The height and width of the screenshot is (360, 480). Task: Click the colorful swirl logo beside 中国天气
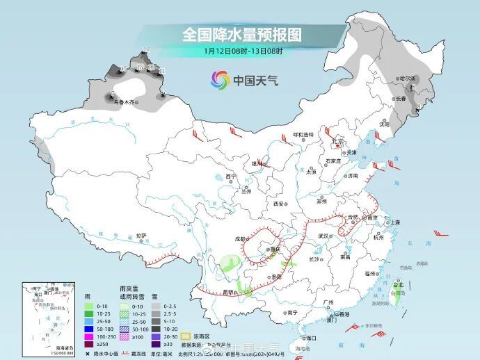click(x=220, y=80)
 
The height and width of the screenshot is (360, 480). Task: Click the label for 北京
click(x=338, y=142)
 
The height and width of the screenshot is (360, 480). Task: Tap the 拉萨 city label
click(x=141, y=236)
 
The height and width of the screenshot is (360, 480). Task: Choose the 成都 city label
click(x=240, y=238)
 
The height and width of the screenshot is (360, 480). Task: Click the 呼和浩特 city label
click(x=303, y=134)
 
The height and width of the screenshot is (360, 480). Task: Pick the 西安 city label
click(x=279, y=204)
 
